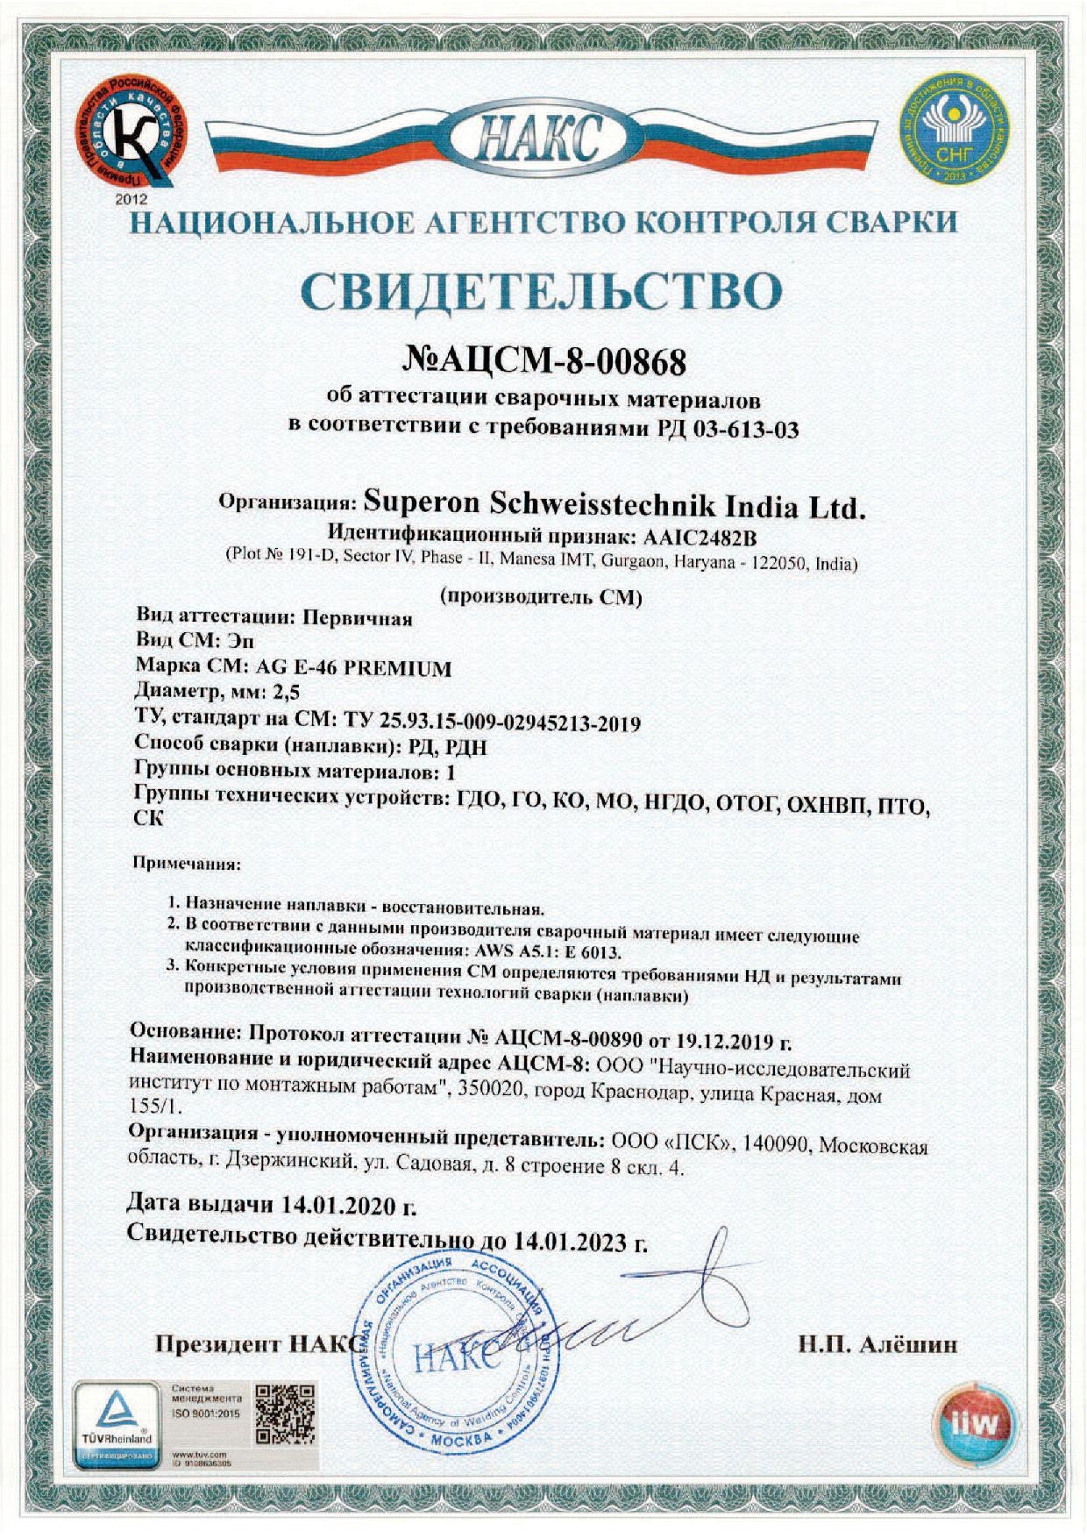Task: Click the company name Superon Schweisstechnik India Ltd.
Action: [x=614, y=505]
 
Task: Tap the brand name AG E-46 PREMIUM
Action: [x=352, y=668]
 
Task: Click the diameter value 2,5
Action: [x=286, y=692]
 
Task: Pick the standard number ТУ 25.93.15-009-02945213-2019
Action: [x=489, y=723]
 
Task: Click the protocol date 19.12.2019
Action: [x=717, y=1042]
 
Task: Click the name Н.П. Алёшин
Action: [x=877, y=1344]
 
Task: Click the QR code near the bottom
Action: [x=284, y=1414]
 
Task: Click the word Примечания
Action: [x=186, y=864]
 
